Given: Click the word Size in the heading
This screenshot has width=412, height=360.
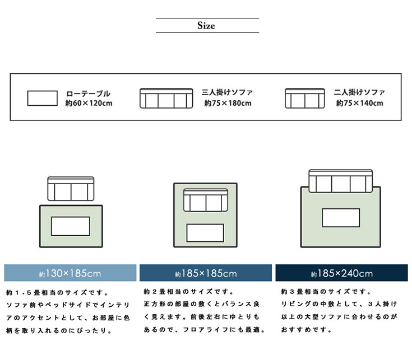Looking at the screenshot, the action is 206,25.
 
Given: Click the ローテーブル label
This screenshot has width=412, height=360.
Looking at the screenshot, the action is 89,93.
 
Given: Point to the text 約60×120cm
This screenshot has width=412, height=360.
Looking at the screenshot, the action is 89,103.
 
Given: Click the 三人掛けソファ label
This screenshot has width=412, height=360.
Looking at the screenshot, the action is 227,92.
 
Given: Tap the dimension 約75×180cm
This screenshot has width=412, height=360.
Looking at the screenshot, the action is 228,103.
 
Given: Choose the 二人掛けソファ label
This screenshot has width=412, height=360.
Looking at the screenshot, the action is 359,92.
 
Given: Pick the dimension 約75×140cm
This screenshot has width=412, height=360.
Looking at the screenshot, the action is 360,103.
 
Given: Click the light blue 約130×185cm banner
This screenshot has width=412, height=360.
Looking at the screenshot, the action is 70,273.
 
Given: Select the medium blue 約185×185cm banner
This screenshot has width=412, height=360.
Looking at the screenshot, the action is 206,273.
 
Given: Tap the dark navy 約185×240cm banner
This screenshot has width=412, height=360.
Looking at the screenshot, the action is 341,273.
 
